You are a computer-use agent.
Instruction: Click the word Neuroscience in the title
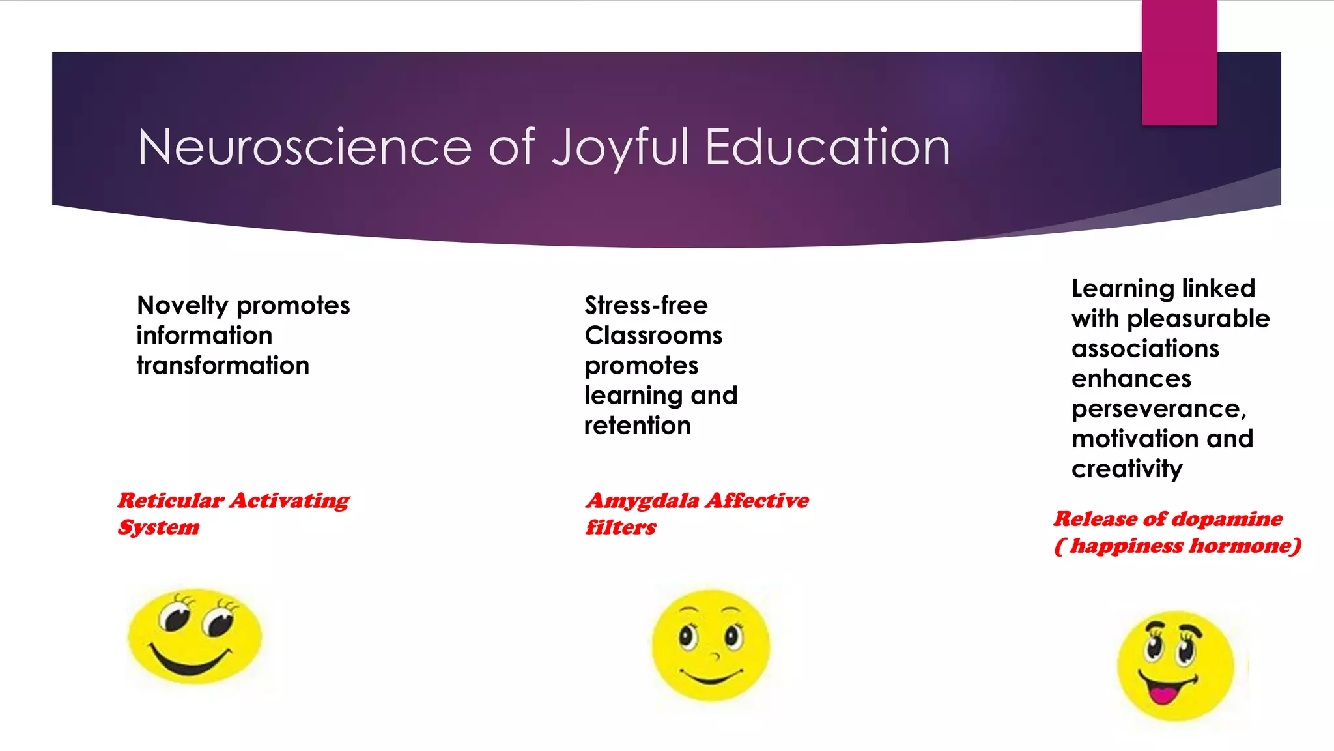304,147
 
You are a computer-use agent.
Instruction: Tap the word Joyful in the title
619,149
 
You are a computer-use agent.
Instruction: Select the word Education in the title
827,147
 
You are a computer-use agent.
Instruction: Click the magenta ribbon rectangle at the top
1179,63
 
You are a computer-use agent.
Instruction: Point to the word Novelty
182,306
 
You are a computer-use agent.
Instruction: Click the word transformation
223,366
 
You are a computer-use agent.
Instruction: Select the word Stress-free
646,305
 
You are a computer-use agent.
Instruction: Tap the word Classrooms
653,336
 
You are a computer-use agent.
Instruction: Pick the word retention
637,426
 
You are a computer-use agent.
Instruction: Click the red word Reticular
171,501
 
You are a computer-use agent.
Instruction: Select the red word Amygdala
642,501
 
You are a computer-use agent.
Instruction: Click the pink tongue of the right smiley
1163,694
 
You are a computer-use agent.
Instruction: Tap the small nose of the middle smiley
715,656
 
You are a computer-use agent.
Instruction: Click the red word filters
620,527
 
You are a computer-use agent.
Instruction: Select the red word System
158,527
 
